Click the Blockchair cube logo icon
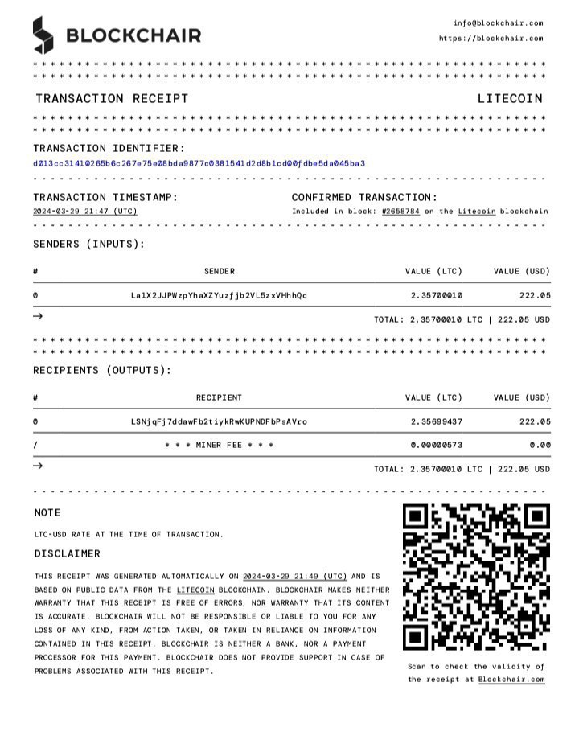pyautogui.click(x=43, y=35)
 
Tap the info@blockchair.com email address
pyautogui.click(x=498, y=23)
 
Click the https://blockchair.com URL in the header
pyautogui.click(x=491, y=39)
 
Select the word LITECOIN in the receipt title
pyautogui.click(x=510, y=99)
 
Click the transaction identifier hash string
pyautogui.click(x=199, y=163)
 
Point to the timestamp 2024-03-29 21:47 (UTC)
pyautogui.click(x=84, y=212)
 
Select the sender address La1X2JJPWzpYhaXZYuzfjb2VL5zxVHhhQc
pyautogui.click(x=219, y=296)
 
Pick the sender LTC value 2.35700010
pyautogui.click(x=436, y=296)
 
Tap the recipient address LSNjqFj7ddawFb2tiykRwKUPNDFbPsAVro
pyautogui.click(x=219, y=421)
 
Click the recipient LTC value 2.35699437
pyautogui.click(x=436, y=421)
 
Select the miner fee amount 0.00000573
pyautogui.click(x=436, y=446)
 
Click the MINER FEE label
pyautogui.click(x=219, y=446)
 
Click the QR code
pyautogui.click(x=475, y=577)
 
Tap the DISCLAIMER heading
pyautogui.click(x=67, y=554)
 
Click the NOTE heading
pyautogui.click(x=47, y=513)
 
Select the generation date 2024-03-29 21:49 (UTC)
pyautogui.click(x=294, y=577)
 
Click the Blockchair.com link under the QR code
pyautogui.click(x=511, y=680)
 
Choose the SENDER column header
pyautogui.click(x=219, y=272)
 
